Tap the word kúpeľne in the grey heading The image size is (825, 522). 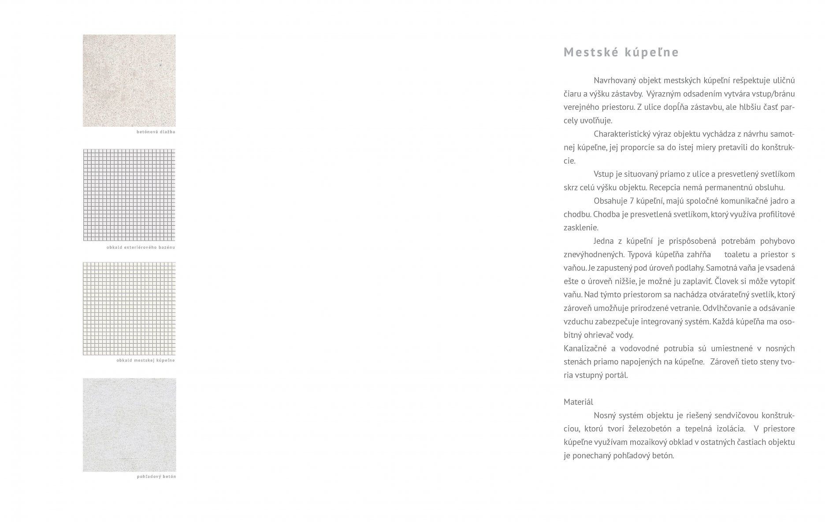pos(651,52)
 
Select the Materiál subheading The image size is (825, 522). pos(578,402)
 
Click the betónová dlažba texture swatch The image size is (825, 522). pos(129,81)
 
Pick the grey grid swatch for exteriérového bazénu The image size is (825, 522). pos(129,195)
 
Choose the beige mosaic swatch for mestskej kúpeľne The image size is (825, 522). pos(129,309)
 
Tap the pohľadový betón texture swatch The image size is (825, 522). pos(129,425)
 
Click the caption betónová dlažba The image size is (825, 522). pos(156,132)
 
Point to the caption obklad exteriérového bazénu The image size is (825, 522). pos(141,247)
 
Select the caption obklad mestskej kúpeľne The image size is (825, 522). pos(145,360)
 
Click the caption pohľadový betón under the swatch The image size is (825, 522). pos(156,477)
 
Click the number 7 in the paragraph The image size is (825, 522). pos(632,201)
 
